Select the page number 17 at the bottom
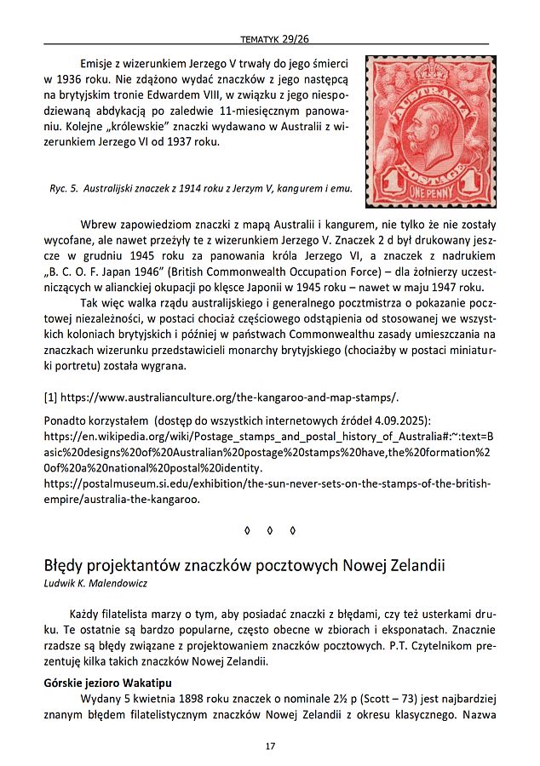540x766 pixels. click(270, 746)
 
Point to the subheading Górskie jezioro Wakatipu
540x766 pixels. click(107, 683)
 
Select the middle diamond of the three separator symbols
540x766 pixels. click(270, 531)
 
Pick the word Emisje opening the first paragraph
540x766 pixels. click(100, 65)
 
